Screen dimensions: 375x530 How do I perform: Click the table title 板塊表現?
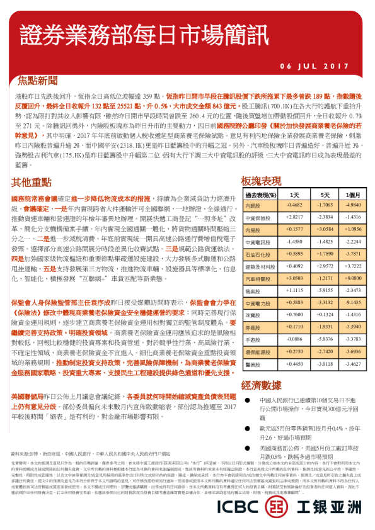point(262,181)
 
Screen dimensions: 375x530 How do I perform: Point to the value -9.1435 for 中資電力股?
point(353,302)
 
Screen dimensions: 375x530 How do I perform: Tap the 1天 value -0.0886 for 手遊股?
point(294,339)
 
